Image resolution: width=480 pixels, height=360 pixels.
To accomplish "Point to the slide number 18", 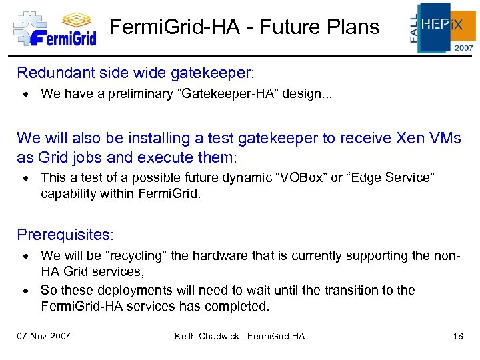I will tap(457, 336).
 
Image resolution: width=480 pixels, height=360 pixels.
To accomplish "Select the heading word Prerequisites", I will tap(65, 235).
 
